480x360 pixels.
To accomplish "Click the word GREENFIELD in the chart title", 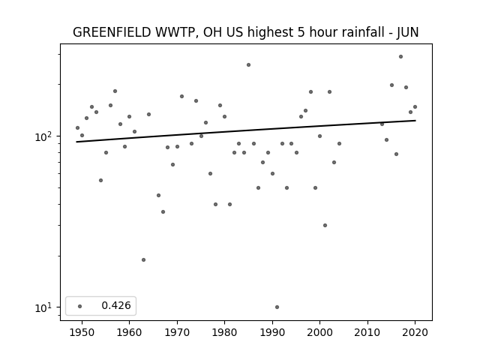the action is tap(112, 32).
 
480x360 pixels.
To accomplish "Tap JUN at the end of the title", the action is tap(407, 32).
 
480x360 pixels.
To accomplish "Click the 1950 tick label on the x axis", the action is tap(82, 332).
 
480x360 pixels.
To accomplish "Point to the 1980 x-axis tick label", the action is tap(224, 332).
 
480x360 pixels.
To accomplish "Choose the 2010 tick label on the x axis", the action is tap(367, 332).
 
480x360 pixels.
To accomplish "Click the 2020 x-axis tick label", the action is tap(415, 332).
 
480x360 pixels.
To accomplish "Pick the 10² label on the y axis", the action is tap(44, 136).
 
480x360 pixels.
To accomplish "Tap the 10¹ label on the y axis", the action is tap(44, 307).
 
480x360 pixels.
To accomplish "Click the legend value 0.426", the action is tap(116, 305).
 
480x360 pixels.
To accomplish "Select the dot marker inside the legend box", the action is tap(80, 306).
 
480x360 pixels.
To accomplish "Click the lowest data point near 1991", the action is tap(277, 307).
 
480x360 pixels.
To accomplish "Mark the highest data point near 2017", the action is tap(400, 57).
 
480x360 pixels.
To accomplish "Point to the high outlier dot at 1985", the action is tap(248, 65).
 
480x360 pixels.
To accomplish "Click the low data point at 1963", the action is tap(143, 260).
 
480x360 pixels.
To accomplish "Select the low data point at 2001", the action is tap(325, 225).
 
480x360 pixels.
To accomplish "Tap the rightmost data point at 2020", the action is tap(415, 106).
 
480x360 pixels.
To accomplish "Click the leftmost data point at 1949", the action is tap(77, 128).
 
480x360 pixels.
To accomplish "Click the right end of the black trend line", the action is tap(415, 121).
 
